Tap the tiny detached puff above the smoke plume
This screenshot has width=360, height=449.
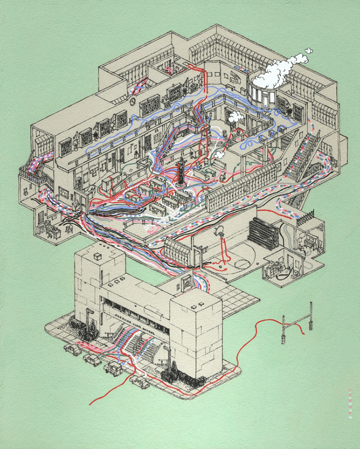coord(309,50)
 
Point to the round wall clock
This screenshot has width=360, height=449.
coord(132,100)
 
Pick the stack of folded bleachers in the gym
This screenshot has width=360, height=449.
coord(262,233)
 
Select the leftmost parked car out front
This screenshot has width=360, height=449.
coord(72,349)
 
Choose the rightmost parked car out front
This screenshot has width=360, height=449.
coord(140,381)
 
